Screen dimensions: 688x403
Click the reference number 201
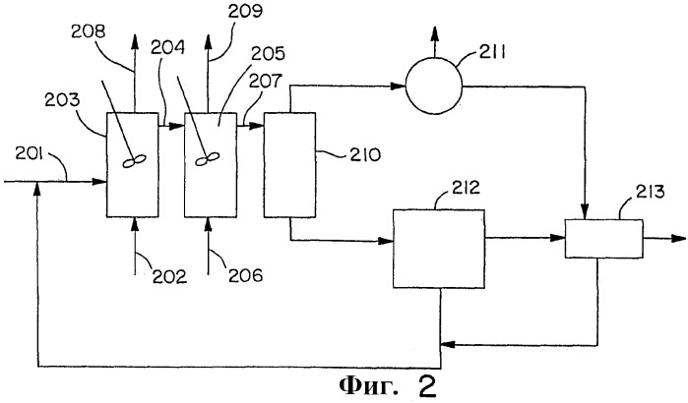point(29,153)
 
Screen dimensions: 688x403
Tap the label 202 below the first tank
point(169,276)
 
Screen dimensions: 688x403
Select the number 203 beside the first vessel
point(62,100)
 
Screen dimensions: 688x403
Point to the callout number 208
point(89,31)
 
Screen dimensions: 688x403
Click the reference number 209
point(245,12)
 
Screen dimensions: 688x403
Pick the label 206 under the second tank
point(246,275)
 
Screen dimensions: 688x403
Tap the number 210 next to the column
point(364,154)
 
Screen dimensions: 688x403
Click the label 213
point(651,192)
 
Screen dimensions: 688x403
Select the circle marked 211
point(433,86)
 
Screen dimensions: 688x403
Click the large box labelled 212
point(438,249)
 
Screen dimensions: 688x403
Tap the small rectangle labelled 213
point(603,239)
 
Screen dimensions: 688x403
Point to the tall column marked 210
point(289,165)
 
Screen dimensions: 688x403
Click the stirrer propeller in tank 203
point(134,161)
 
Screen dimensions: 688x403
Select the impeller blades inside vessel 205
point(207,159)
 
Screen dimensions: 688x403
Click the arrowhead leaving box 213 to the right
point(678,238)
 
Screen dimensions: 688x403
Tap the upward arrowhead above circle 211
point(434,33)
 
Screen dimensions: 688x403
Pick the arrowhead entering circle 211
point(399,86)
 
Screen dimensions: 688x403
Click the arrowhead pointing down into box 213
point(585,212)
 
